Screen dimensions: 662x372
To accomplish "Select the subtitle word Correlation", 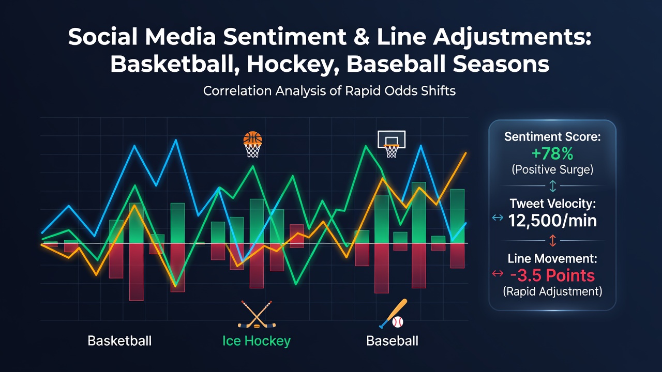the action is coord(237,90).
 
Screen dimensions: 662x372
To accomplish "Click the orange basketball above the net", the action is coord(252,138).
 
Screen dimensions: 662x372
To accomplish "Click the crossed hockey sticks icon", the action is coord(257,314).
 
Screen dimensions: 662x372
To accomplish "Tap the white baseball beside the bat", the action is coord(398,322).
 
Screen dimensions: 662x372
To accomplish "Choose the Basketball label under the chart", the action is coord(119,341).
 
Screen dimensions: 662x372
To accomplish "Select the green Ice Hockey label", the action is coord(257,342).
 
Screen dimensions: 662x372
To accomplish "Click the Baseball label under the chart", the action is coord(392,341).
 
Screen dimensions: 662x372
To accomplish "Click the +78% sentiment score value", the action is coord(552,153).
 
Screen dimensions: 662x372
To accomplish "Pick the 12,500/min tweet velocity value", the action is coord(552,221).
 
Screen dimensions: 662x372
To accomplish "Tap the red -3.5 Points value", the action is coord(552,275).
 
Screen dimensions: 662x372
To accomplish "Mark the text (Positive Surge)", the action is coord(552,170).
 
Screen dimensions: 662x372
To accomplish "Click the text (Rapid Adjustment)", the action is coord(552,292).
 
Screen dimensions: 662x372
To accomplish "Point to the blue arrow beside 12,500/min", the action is coord(498,218).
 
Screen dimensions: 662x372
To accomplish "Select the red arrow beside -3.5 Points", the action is coord(498,273).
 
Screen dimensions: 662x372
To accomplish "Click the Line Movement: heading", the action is coord(552,259).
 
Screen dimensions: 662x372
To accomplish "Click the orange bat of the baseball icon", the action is coord(394,313).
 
